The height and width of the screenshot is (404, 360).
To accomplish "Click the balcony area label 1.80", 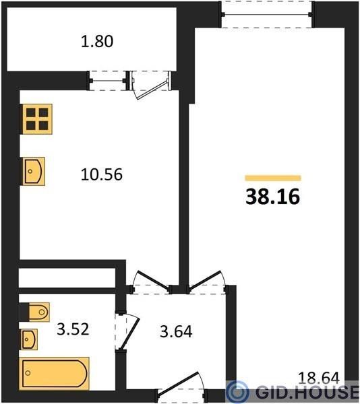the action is pos(97,42).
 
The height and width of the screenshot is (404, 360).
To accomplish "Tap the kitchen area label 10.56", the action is pos(102,174).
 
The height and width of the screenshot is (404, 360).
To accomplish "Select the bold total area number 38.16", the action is pos(273,197).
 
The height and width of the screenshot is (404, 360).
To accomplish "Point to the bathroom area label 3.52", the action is pos(73,329).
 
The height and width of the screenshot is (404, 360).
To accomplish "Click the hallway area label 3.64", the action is pos(176,331).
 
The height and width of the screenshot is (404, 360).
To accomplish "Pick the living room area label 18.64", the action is pos(318,378).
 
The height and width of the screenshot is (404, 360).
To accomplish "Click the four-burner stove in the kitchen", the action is pos(37,119).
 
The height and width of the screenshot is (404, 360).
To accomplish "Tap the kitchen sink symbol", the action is pos(34,171).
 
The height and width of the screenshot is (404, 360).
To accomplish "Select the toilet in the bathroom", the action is pos(38,312).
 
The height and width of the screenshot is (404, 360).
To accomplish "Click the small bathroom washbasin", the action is pos(29,339).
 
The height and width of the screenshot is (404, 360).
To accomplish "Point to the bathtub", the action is pos(54,374).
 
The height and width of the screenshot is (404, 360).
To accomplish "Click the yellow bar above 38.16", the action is pos(273,178).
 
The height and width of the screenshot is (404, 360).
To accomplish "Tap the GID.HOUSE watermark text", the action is pos(307,393).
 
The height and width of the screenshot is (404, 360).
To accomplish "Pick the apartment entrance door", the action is pos(181,386).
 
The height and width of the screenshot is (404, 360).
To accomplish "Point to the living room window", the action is pos(267,14).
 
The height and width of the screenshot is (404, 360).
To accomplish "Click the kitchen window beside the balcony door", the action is pos(108,81).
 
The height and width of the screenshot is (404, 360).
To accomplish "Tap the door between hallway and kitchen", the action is pos(151,282).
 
